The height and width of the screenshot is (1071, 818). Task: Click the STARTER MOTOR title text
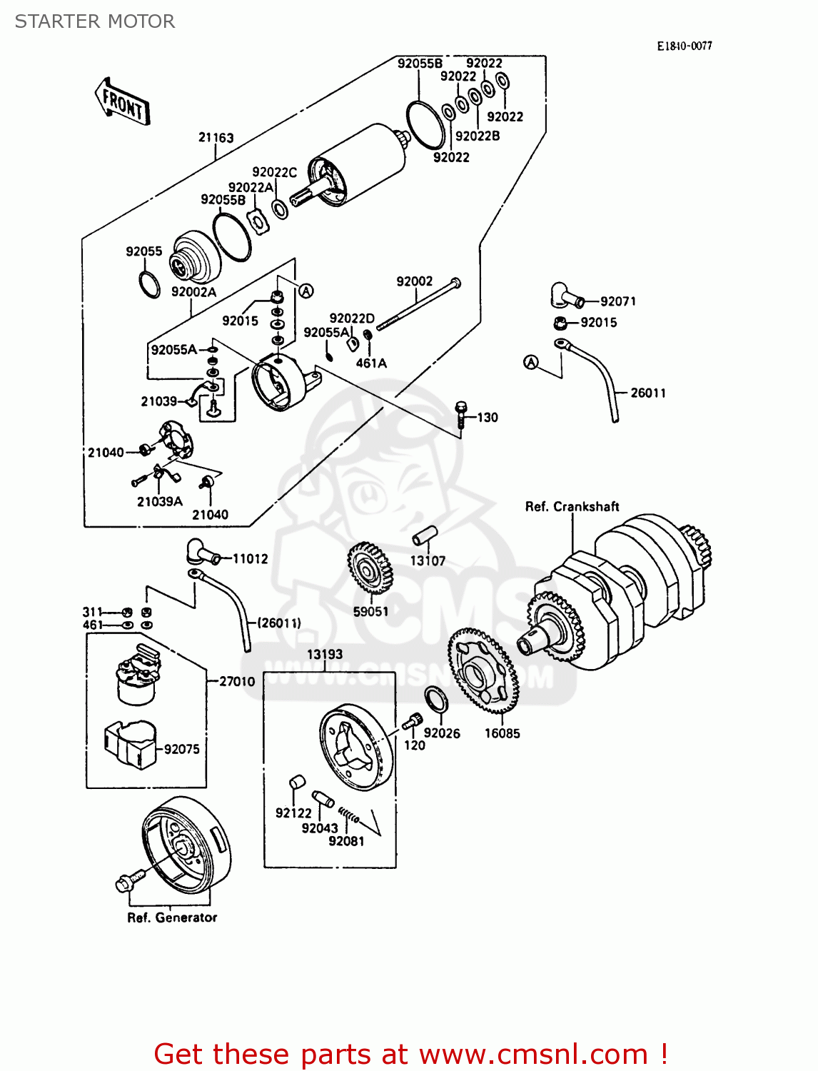[x=95, y=21]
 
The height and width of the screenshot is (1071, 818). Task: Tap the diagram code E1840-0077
[x=684, y=46]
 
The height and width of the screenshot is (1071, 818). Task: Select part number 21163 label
[x=216, y=137]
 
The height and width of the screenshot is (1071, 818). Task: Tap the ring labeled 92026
[x=436, y=700]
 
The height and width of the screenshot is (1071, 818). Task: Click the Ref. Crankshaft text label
[x=572, y=506]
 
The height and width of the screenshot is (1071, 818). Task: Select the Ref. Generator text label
[x=172, y=917]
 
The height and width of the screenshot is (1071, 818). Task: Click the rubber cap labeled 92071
[x=562, y=296]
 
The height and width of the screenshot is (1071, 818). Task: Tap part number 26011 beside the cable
[x=647, y=393]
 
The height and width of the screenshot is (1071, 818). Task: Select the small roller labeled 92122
[x=297, y=783]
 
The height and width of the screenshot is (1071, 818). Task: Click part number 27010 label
[x=237, y=681]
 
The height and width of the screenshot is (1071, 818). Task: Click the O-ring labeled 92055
[x=149, y=284]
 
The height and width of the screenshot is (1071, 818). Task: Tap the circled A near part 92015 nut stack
[x=306, y=291]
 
